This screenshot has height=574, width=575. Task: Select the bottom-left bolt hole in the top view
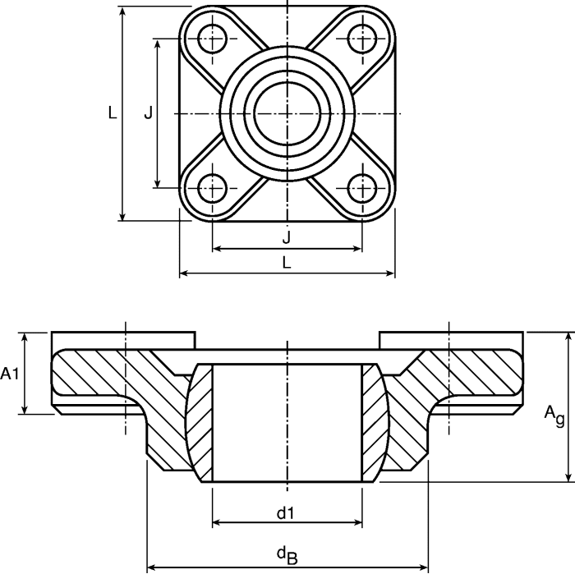tap(213, 187)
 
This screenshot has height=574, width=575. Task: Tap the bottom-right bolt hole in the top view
tap(362, 187)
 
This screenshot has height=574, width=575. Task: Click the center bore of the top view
tap(287, 113)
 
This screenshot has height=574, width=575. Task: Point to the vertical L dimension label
tap(113, 113)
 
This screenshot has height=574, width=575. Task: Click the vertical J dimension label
tap(148, 113)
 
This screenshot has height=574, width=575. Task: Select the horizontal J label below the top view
tap(286, 237)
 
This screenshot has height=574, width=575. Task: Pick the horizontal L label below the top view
tap(286, 262)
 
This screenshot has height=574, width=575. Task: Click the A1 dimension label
tap(10, 374)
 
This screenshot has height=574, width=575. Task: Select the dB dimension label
tap(287, 556)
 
